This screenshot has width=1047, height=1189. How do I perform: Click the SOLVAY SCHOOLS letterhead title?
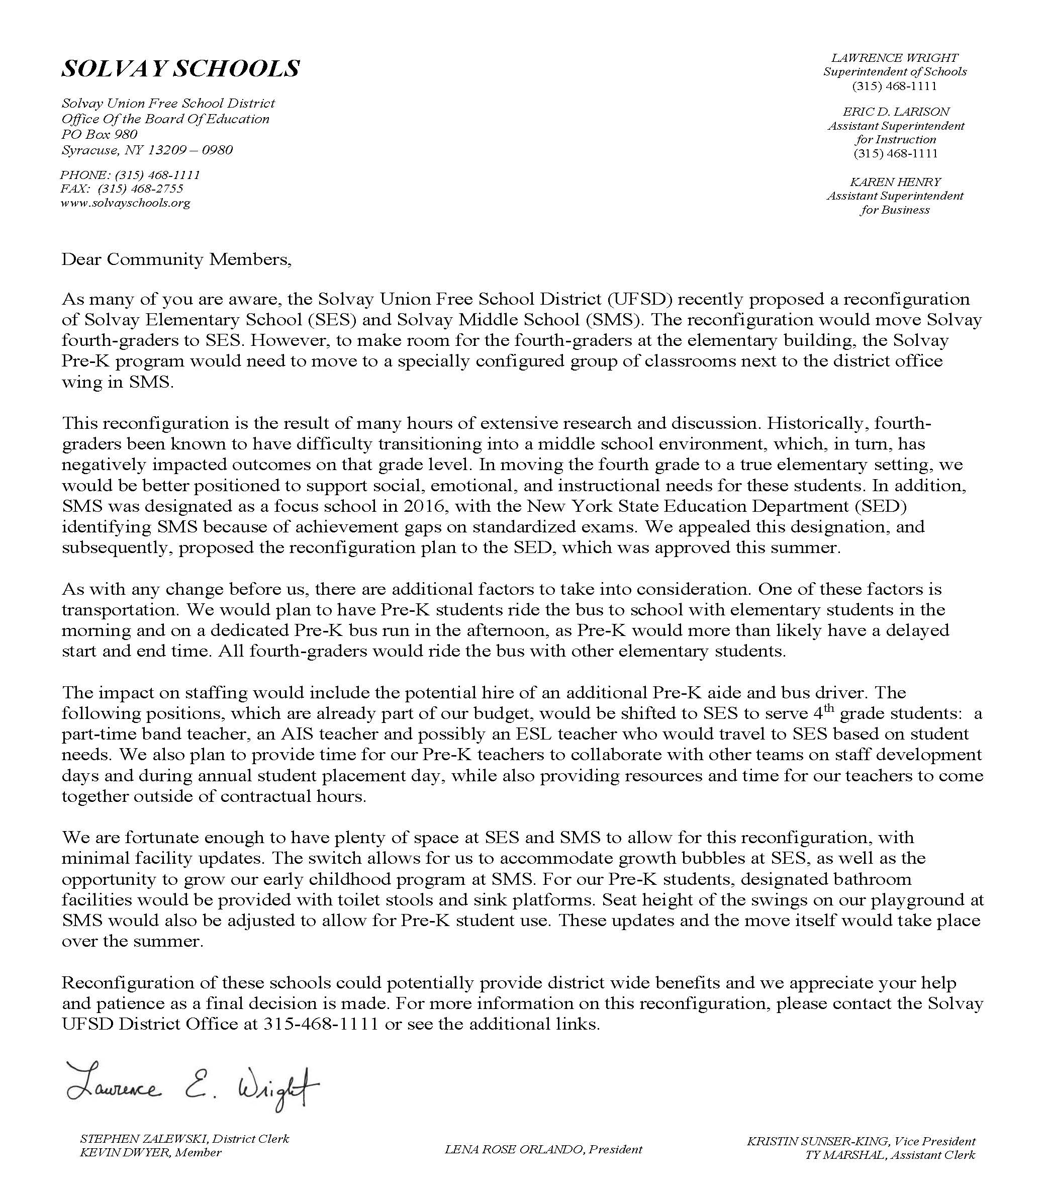[180, 69]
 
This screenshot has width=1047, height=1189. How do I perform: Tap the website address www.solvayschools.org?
[125, 203]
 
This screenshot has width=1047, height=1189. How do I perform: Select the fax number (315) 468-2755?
[141, 189]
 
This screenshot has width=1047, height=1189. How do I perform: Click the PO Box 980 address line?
[100, 134]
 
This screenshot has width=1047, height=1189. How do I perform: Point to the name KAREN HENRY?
[895, 181]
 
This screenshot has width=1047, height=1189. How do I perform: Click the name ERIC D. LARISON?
[896, 111]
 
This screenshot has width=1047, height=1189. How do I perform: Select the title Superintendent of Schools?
[895, 71]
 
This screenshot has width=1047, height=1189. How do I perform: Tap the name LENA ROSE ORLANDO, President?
[543, 1149]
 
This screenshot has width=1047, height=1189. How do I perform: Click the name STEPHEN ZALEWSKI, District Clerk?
[184, 1138]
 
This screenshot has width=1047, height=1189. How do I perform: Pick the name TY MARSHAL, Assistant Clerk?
[890, 1155]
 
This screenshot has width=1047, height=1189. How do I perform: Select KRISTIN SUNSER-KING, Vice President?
[861, 1141]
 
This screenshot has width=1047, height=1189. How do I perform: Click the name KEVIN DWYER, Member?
[151, 1152]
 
